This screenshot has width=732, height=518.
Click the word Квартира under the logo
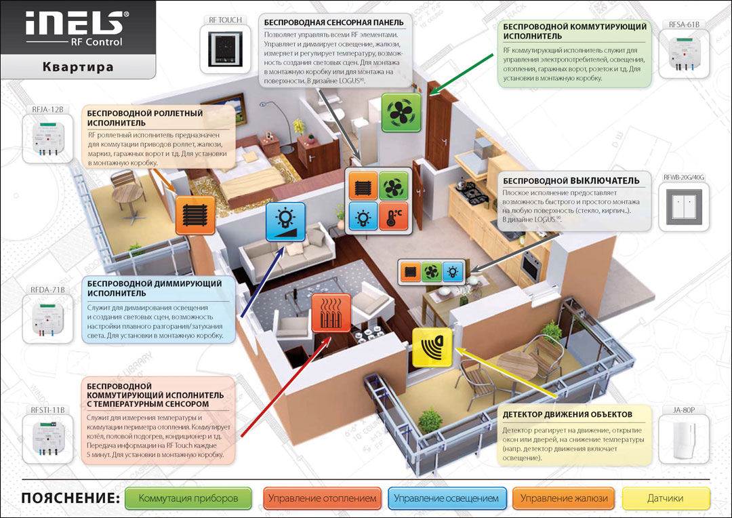point(78,67)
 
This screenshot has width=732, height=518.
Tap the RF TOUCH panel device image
point(225,49)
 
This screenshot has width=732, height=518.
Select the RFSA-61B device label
point(684,24)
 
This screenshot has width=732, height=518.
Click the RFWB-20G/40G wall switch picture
point(683,206)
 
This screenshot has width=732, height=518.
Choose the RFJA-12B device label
point(47,109)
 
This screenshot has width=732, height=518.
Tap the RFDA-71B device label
point(47,290)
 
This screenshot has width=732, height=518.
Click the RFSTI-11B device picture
point(47,438)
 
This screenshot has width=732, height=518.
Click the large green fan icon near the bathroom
point(401,113)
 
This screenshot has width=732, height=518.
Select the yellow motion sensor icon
point(432,347)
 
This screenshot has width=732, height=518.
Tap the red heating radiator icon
point(331,313)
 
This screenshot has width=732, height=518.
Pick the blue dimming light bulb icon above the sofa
point(285,222)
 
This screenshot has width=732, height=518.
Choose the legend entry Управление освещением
point(446,498)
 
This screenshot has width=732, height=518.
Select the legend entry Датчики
point(666,498)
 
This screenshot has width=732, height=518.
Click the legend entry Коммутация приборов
point(188,498)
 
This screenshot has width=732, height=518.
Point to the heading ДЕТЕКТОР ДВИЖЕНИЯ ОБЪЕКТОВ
point(567,414)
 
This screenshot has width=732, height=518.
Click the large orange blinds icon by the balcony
point(195,215)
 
